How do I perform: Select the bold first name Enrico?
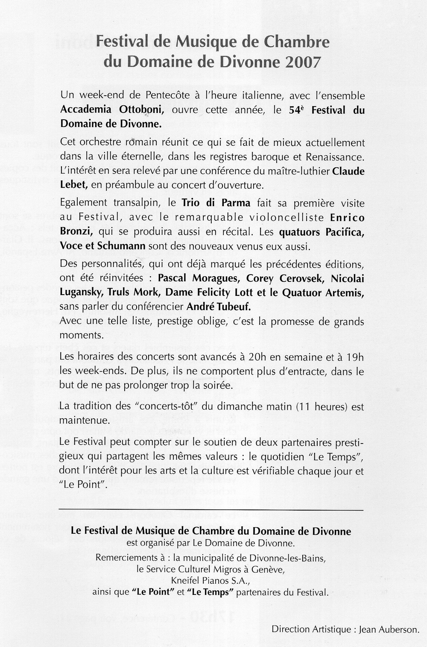point(348,218)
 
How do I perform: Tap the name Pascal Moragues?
point(195,278)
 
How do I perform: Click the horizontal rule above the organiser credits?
point(209,510)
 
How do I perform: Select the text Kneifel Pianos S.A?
point(209,581)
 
